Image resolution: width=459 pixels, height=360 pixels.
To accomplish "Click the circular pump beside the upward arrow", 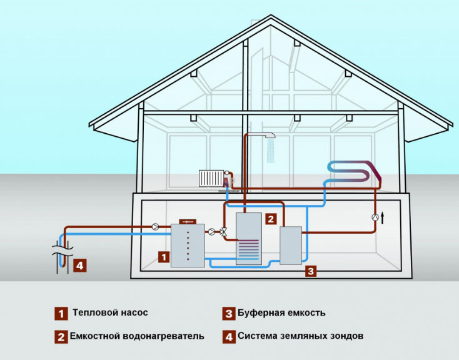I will [374, 217].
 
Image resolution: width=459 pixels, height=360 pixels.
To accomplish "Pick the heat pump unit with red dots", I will [188, 244].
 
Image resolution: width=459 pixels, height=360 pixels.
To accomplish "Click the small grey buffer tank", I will [291, 245].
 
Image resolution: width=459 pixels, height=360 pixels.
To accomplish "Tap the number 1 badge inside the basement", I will [164, 256].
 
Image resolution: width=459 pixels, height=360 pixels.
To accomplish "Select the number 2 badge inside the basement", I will [270, 219].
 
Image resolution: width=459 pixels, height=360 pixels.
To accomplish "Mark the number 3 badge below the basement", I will [311, 271].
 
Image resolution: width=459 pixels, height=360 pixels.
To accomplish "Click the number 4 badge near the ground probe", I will [79, 266].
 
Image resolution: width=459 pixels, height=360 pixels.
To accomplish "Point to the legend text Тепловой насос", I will [110, 312].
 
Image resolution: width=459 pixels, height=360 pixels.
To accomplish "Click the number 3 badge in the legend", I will [229, 312].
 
